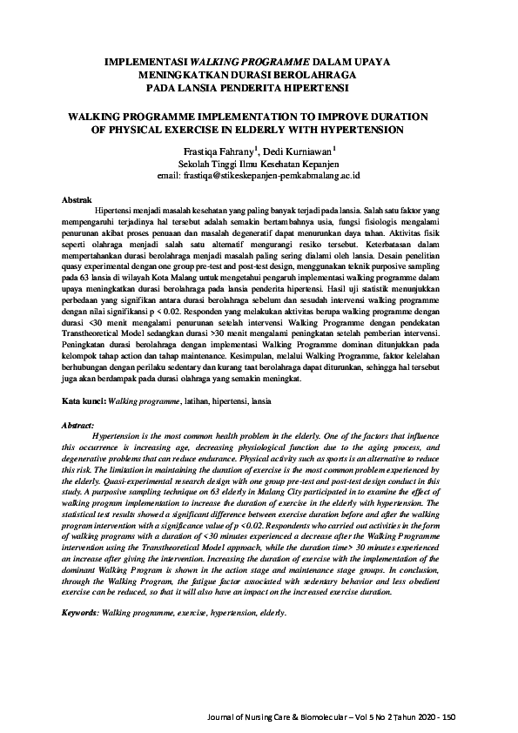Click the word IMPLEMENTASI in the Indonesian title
click(x=141, y=64)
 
